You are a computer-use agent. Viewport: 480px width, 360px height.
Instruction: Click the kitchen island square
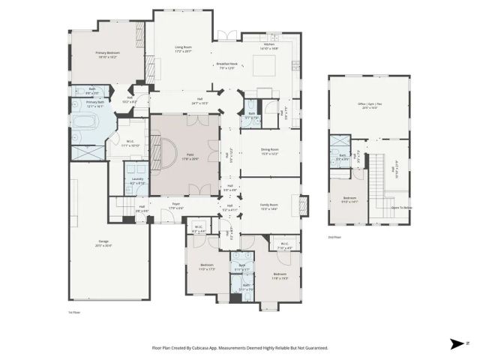pyautogui.click(x=264, y=67)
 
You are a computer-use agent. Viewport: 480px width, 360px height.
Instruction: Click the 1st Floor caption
pyautogui.click(x=75, y=312)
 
